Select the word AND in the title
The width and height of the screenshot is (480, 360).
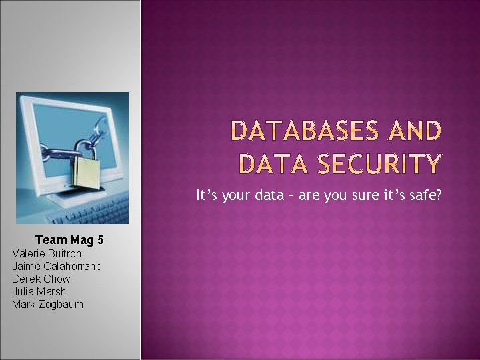click(415, 131)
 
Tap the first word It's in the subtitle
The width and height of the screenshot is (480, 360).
click(207, 196)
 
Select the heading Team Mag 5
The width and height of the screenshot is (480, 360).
click(69, 240)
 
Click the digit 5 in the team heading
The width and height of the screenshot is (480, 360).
click(100, 240)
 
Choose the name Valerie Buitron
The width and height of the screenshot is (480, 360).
click(47, 253)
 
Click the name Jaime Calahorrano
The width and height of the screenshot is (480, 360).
click(57, 266)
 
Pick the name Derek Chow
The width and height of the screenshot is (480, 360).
click(41, 279)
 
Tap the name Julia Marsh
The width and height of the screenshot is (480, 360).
click(39, 291)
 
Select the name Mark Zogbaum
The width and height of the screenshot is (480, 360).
click(47, 304)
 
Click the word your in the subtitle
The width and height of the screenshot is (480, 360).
click(241, 196)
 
